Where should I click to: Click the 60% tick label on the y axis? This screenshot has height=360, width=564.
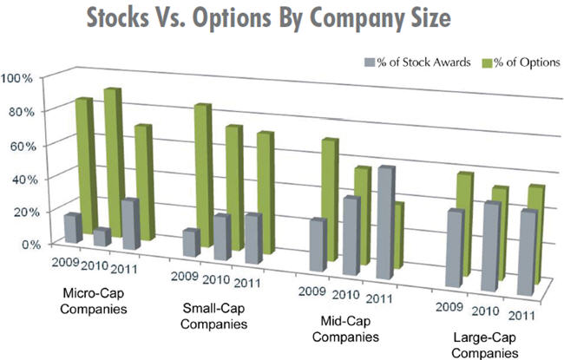[20, 144]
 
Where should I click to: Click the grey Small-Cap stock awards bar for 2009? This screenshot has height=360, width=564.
[191, 243]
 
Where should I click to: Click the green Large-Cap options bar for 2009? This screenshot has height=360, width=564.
[467, 221]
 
